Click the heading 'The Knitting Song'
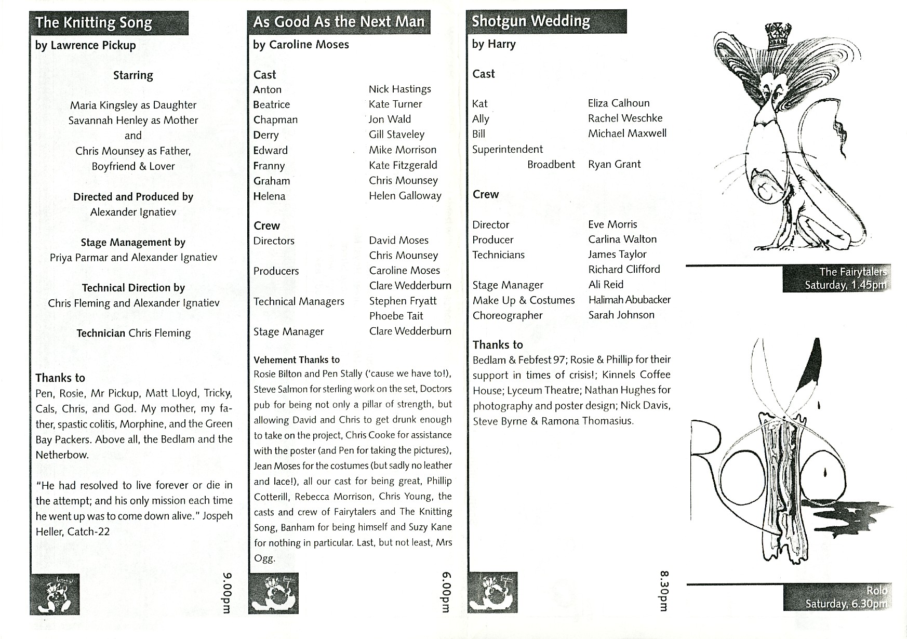click(x=94, y=23)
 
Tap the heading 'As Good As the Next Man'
click(x=339, y=22)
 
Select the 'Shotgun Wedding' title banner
click(x=531, y=21)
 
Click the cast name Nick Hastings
click(x=399, y=89)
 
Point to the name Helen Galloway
click(x=405, y=196)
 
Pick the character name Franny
click(x=269, y=166)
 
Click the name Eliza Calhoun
click(x=619, y=103)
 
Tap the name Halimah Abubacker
click(x=629, y=300)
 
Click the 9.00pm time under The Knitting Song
click(x=226, y=592)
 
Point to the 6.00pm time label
click(x=446, y=592)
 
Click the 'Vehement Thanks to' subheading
click(x=296, y=360)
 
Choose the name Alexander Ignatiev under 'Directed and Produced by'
click(x=133, y=212)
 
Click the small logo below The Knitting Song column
click(x=55, y=594)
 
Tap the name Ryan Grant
click(x=614, y=164)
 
